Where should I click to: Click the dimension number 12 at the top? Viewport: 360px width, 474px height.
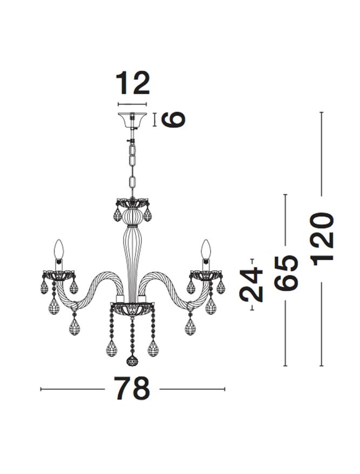[133, 83]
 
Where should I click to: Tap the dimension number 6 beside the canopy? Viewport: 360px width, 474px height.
[173, 119]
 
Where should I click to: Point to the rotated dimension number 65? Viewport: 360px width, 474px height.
[286, 273]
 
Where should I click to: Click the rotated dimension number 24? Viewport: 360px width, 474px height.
[251, 285]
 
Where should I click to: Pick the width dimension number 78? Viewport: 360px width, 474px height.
[132, 389]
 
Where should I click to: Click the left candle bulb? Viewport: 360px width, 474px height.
[59, 250]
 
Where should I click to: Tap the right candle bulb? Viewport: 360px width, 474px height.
[206, 250]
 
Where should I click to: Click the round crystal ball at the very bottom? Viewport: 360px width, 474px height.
[132, 361]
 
